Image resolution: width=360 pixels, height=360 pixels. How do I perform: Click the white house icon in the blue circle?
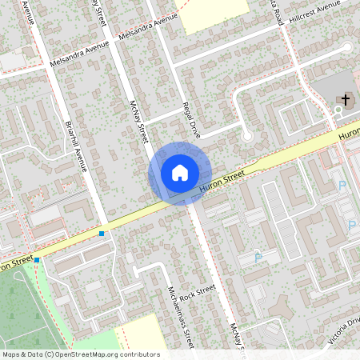coord(180,172)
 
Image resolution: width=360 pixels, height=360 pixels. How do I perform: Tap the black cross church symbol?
coord(346,100)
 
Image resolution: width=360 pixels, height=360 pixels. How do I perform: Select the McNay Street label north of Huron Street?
coord(139,122)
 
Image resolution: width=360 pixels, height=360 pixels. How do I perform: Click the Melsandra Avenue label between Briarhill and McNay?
coord(146,29)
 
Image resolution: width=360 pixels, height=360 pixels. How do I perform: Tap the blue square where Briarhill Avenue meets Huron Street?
coord(102,234)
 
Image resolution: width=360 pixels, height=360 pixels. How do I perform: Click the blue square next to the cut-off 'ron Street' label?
coord(37,260)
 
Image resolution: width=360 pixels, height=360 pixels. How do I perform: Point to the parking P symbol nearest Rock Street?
coord(257,258)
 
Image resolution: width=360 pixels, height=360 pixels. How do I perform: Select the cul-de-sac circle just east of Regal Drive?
coord(247,137)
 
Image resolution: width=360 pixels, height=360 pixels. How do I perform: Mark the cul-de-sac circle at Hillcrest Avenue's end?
coord(347,48)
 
